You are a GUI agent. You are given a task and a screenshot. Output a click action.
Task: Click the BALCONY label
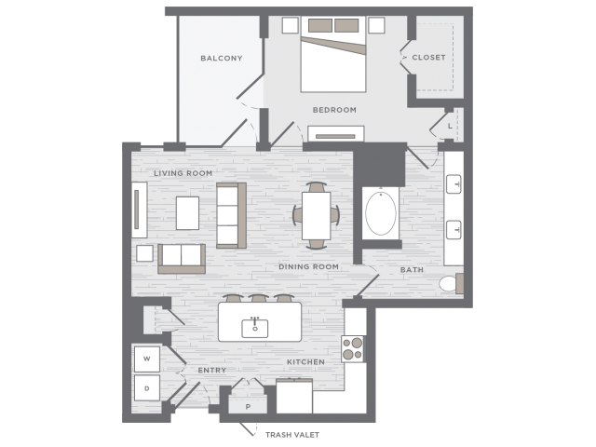222,58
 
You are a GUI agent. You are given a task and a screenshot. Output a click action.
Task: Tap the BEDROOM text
334,110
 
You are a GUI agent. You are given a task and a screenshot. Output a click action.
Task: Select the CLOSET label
428,58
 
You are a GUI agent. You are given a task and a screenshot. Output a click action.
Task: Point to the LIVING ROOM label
183,173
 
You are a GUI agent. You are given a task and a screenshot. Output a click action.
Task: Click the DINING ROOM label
308,267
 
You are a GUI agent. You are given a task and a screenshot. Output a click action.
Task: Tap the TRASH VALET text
292,435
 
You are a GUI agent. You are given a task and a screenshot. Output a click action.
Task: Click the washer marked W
147,359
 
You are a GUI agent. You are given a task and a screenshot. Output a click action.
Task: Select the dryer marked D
147,388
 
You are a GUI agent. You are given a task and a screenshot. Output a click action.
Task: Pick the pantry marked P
248,405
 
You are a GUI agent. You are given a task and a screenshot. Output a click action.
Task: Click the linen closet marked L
450,126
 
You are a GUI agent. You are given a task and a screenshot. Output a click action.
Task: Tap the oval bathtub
381,213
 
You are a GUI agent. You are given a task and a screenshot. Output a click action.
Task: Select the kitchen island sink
255,328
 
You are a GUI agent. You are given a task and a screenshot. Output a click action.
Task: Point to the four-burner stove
352,348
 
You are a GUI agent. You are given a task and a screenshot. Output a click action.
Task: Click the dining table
317,215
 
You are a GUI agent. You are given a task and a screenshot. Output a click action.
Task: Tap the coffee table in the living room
187,213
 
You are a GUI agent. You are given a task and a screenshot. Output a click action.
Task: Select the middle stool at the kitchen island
259,298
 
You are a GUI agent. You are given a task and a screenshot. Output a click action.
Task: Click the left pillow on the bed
320,25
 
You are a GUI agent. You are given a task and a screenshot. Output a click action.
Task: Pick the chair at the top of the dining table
317,187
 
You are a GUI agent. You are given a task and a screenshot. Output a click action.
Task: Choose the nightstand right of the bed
376,25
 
